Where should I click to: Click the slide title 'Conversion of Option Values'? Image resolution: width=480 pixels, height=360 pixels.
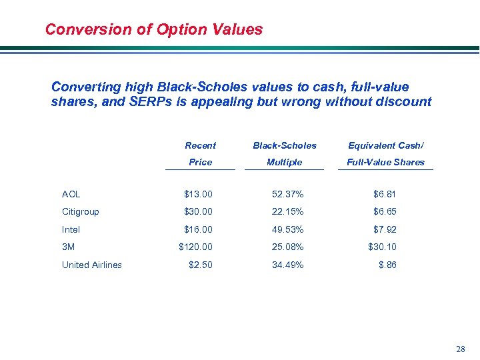154,29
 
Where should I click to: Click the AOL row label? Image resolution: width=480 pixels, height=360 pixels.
71,194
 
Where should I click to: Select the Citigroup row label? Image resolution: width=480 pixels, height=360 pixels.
80,211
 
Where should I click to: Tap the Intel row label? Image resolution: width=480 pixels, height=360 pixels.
71,229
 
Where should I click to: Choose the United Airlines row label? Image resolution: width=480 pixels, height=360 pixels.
92,265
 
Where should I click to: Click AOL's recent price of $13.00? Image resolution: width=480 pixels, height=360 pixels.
199,194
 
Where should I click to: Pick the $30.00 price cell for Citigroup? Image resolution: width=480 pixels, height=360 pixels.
199,211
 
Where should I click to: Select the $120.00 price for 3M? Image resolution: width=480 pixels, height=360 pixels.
196,247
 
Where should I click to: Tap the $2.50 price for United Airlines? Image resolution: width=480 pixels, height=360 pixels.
201,265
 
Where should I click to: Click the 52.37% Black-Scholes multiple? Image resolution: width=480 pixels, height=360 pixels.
287,194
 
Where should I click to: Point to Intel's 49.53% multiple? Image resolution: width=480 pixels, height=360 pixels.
287,229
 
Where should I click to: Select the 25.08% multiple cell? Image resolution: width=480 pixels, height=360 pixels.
287,247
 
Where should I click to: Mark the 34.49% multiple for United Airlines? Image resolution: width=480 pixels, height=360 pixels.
287,265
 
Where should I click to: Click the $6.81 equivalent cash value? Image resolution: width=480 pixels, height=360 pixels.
385,194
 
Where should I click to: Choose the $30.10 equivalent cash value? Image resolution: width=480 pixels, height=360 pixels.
383,247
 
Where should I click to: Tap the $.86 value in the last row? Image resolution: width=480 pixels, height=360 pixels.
387,265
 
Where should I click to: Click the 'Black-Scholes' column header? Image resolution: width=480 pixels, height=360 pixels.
285,145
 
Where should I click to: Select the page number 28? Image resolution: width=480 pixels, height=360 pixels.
461,349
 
